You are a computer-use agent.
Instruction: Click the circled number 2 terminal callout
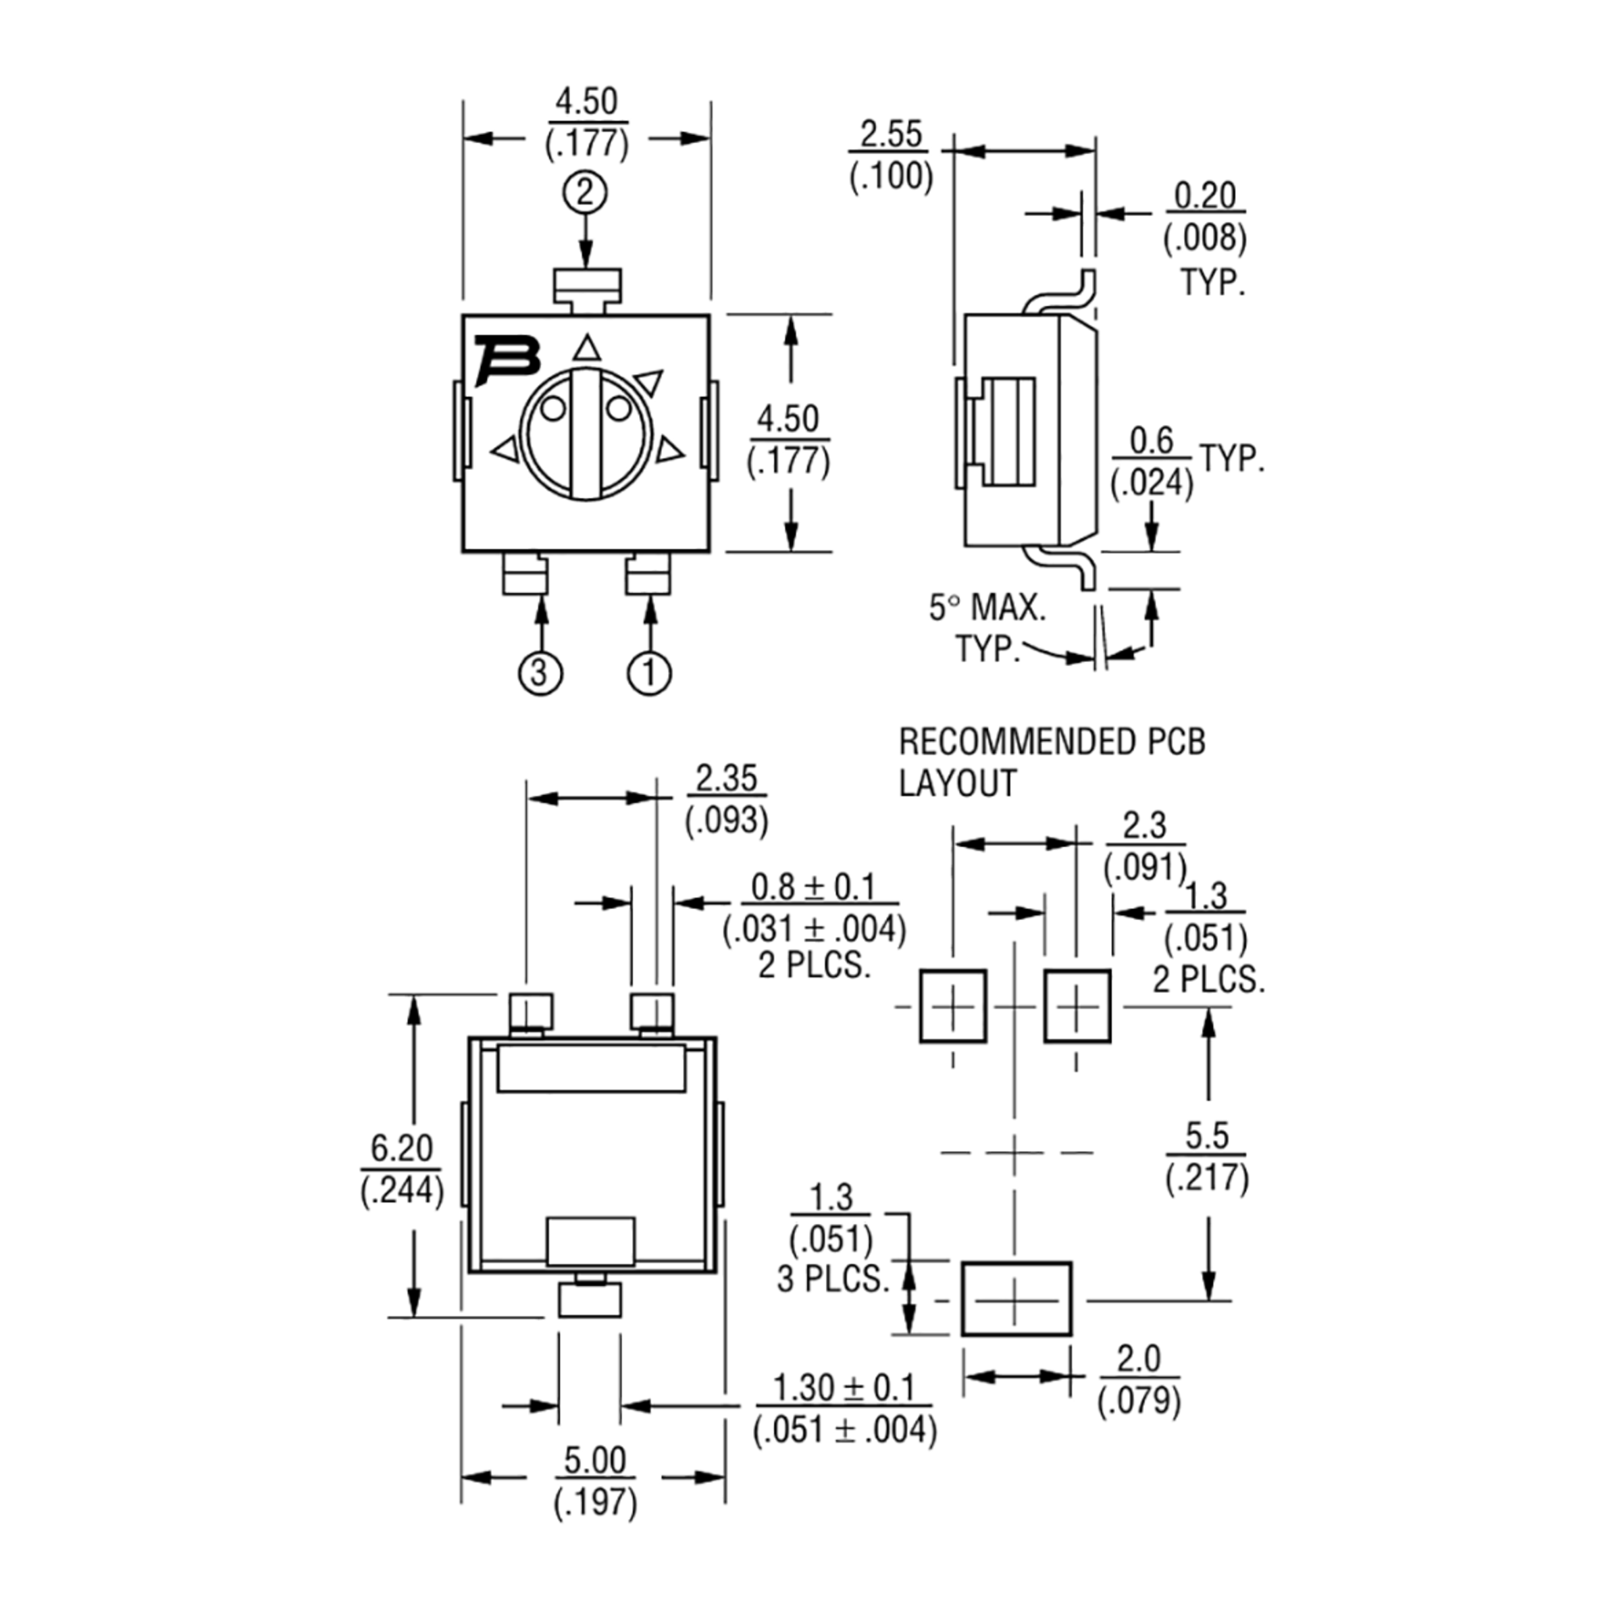pos(586,194)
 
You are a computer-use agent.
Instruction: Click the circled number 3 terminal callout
pos(540,673)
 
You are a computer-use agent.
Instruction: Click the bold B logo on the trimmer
pos(507,360)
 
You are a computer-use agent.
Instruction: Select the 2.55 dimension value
pos(891,134)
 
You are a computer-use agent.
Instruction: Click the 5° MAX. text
pos(987,607)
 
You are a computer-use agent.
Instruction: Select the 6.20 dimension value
pos(402,1148)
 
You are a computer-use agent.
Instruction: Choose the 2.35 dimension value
pos(727,779)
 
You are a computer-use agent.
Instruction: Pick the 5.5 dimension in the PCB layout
pos(1206,1135)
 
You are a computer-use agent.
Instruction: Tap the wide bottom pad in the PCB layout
pos(1016,1299)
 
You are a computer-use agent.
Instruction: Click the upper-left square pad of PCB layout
pos(952,1006)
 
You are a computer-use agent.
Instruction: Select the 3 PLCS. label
pos(832,1279)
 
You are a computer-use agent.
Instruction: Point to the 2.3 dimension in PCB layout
pos(1144,825)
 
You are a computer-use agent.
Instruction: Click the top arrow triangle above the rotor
pos(588,349)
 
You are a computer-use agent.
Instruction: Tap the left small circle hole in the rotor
pos(552,409)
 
